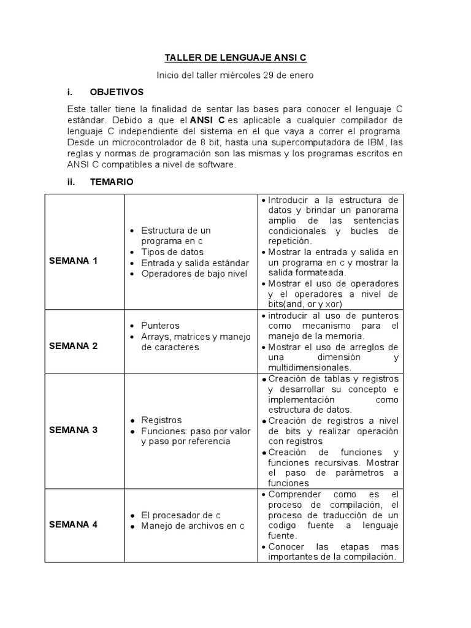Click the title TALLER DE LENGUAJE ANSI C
[x=235, y=58]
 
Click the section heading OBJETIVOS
[x=117, y=92]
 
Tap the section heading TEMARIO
[x=112, y=182]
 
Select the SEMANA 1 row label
[x=73, y=261]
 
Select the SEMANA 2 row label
[x=73, y=346]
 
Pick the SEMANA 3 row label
[x=73, y=430]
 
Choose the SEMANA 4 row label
[x=73, y=524]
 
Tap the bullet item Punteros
[x=160, y=325]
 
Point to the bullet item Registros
[x=161, y=420]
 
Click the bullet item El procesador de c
[x=180, y=515]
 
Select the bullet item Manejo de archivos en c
[x=193, y=526]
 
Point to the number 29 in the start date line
[x=269, y=75]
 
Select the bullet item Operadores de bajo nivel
[x=194, y=274]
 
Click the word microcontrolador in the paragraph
[x=142, y=142]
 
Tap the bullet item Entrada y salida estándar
[x=194, y=263]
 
